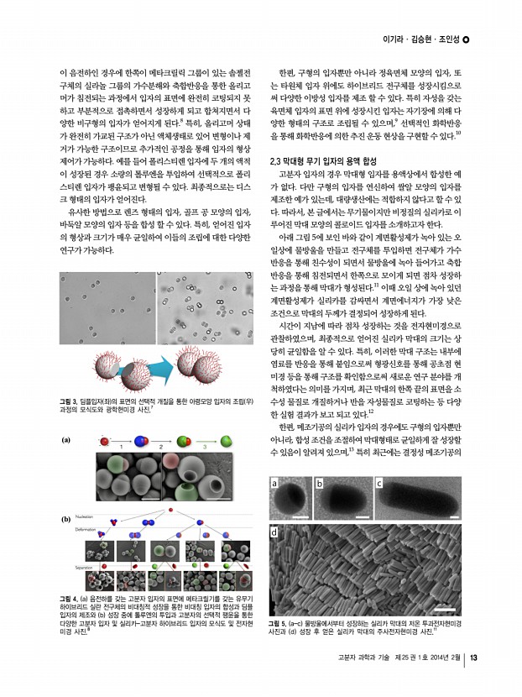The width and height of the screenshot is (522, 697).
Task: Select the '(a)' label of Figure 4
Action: click(67, 438)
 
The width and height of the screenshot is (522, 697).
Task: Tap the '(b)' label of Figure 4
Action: click(67, 520)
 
